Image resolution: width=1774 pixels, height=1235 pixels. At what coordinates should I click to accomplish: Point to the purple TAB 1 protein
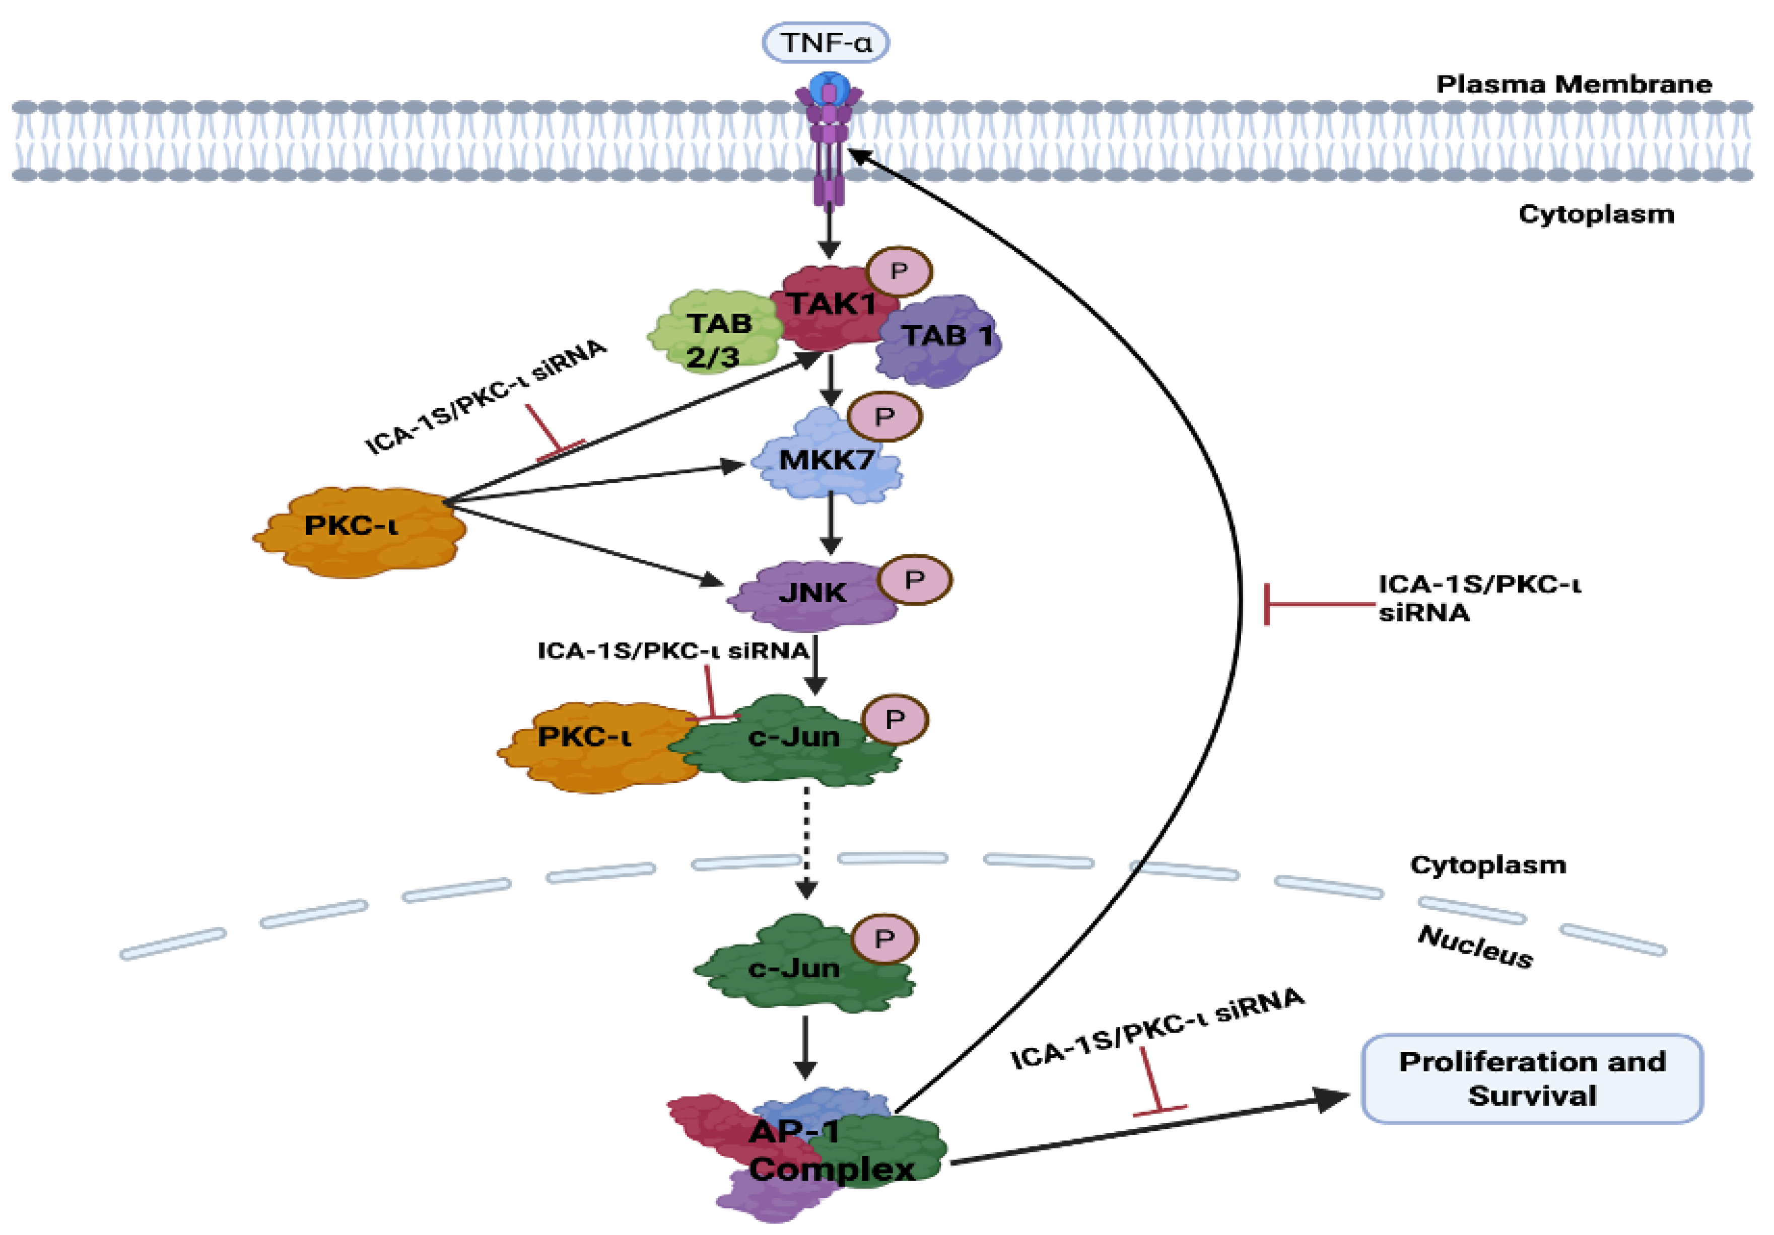coord(939,340)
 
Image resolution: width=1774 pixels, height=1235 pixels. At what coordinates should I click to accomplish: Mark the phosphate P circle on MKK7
coord(884,417)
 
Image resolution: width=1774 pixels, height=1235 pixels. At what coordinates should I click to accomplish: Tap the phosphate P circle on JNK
coord(915,579)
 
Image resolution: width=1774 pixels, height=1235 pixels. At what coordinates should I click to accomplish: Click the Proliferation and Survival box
coord(1532,1079)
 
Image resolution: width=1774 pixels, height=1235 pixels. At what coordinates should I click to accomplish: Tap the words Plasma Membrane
coord(1574,84)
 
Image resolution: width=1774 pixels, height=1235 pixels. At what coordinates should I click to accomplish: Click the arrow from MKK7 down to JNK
coord(831,524)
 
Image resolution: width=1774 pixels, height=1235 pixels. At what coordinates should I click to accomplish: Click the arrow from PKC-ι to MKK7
coord(594,483)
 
